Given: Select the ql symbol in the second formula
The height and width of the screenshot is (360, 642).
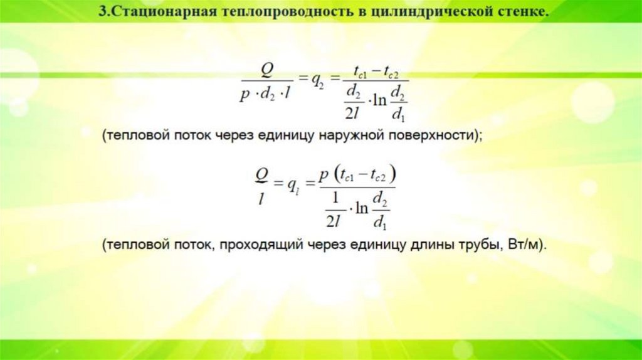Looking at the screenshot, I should coord(293,185).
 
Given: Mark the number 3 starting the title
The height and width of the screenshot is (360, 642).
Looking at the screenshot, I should coord(103,12).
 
